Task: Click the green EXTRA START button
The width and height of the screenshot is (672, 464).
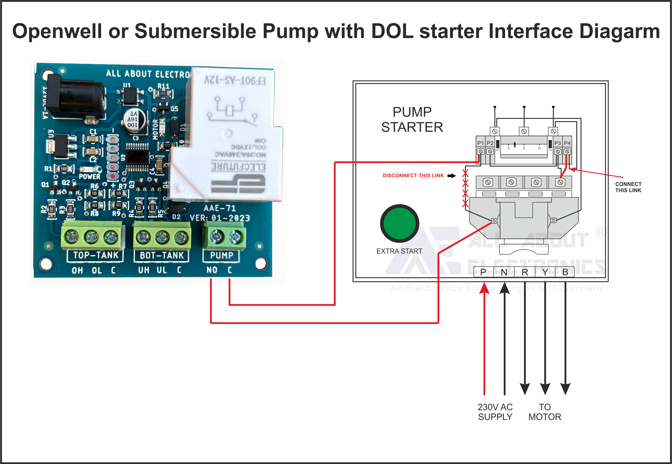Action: point(399,223)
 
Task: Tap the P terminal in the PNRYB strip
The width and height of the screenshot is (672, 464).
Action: point(483,272)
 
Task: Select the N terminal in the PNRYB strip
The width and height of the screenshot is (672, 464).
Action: point(504,272)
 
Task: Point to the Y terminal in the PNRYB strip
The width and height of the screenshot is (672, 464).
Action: point(545,272)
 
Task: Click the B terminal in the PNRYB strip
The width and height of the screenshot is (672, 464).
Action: point(565,272)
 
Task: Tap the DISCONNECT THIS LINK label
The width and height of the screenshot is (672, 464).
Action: point(413,176)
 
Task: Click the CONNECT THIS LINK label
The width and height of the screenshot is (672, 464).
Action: point(628,187)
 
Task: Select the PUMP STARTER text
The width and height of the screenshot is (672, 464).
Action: point(412,119)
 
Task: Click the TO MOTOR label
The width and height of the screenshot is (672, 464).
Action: point(545,412)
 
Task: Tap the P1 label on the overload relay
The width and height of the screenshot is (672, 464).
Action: point(480,143)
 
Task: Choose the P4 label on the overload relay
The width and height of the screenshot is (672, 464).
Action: point(567,143)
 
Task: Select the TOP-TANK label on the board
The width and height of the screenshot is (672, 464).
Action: point(96,255)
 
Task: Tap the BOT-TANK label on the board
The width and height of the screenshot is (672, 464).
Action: point(162,255)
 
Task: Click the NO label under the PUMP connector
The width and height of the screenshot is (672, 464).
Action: point(212,270)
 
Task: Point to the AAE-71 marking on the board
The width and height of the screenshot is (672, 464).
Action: point(219,208)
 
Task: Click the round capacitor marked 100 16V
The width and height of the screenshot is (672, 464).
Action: point(134,119)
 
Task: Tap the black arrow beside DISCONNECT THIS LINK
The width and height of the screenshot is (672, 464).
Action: point(451,176)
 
